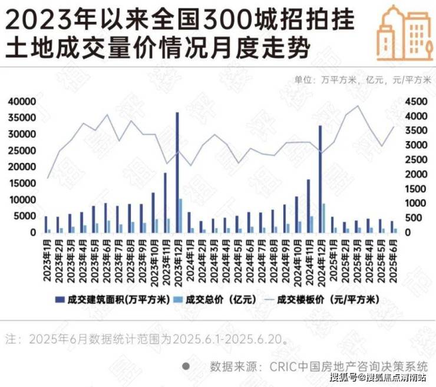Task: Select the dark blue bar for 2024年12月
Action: [321, 179]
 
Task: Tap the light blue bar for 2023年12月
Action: [181, 215]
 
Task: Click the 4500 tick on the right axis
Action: [417, 102]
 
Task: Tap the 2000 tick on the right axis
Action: [417, 175]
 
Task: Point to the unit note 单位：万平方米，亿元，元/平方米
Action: [362, 80]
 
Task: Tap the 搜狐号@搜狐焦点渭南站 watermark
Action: [378, 378]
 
